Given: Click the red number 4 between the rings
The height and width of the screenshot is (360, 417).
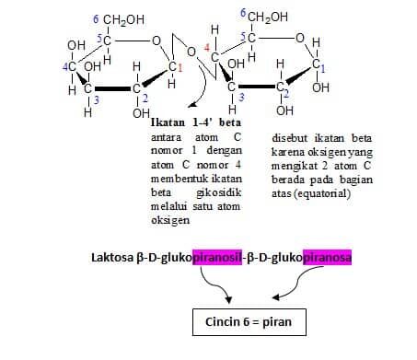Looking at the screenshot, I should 207,47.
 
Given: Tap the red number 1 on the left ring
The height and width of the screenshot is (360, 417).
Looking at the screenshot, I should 180,67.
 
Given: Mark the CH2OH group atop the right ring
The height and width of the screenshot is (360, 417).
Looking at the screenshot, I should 264,17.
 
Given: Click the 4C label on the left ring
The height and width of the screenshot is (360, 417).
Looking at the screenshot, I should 70,66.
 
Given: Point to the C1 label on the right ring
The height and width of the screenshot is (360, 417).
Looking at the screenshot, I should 319,65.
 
